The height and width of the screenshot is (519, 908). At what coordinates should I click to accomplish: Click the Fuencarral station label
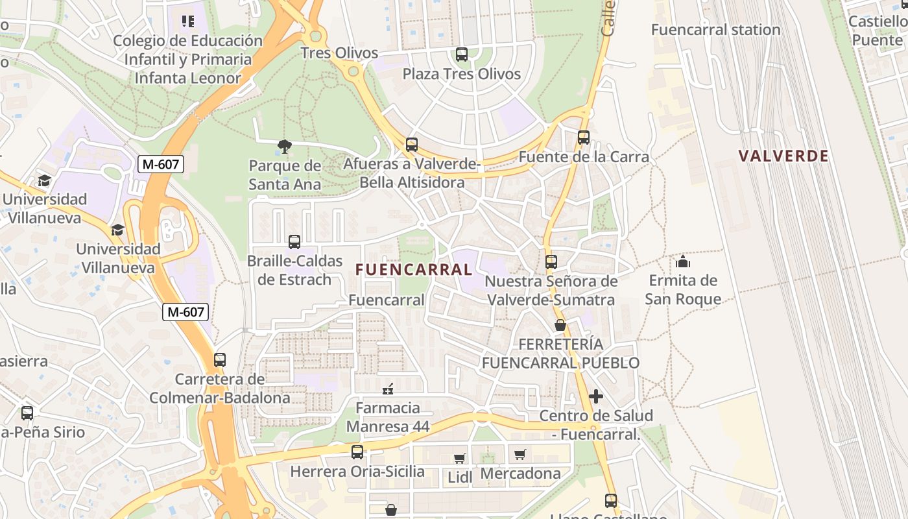pyautogui.click(x=715, y=30)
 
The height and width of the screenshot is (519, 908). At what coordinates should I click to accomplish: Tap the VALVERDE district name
pyautogui.click(x=783, y=156)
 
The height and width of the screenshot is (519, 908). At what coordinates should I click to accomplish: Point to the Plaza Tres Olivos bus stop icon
pyautogui.click(x=461, y=55)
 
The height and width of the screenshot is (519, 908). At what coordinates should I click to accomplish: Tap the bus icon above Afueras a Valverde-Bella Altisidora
pyautogui.click(x=411, y=145)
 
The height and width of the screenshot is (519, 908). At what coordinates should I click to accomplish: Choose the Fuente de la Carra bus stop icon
pyautogui.click(x=583, y=138)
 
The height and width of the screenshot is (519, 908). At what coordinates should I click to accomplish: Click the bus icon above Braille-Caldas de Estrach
pyautogui.click(x=294, y=242)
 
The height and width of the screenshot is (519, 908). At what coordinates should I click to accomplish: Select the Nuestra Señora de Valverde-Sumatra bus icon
pyautogui.click(x=551, y=262)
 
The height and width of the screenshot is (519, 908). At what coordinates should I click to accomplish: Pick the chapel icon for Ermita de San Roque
pyautogui.click(x=682, y=261)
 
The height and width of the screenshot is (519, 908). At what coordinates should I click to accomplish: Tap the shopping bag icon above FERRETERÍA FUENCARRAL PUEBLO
pyautogui.click(x=560, y=325)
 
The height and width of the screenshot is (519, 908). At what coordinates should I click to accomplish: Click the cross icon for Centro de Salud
pyautogui.click(x=595, y=396)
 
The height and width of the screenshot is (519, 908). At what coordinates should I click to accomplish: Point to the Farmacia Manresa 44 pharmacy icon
pyautogui.click(x=388, y=389)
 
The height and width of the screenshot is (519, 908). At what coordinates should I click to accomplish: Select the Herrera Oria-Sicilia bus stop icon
pyautogui.click(x=357, y=452)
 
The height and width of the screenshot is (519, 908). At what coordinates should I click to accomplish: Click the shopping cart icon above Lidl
pyautogui.click(x=459, y=458)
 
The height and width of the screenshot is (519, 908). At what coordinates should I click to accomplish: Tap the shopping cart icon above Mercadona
pyautogui.click(x=520, y=454)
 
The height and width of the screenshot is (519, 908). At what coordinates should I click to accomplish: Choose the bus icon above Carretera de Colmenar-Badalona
pyautogui.click(x=220, y=360)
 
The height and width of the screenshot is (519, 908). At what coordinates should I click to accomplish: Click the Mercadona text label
pyautogui.click(x=520, y=474)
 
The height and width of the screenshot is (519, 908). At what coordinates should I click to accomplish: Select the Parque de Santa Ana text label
pyautogui.click(x=285, y=175)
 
